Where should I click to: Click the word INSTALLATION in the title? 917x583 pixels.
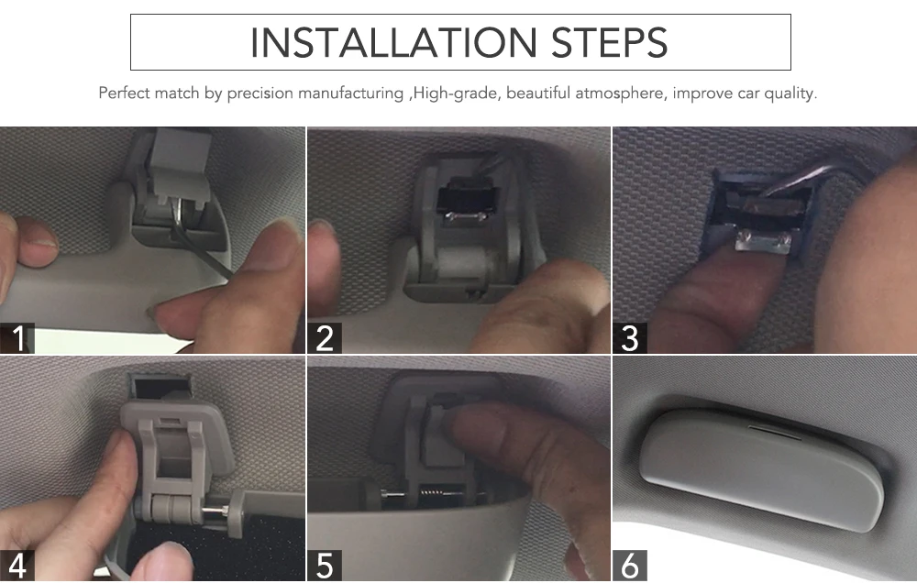pyautogui.click(x=393, y=43)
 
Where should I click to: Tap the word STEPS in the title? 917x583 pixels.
pyautogui.click(x=609, y=43)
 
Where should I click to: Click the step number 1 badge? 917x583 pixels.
pyautogui.click(x=17, y=338)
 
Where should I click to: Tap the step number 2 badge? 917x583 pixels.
pyautogui.click(x=325, y=338)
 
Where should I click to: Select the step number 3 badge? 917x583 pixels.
pyautogui.click(x=630, y=338)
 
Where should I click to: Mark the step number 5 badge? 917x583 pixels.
pyautogui.click(x=325, y=566)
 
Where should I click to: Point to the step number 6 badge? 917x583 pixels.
pyautogui.click(x=630, y=566)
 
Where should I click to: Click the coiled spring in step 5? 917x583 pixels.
pyautogui.click(x=432, y=493)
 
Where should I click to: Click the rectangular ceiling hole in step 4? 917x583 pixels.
pyautogui.click(x=163, y=387)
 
